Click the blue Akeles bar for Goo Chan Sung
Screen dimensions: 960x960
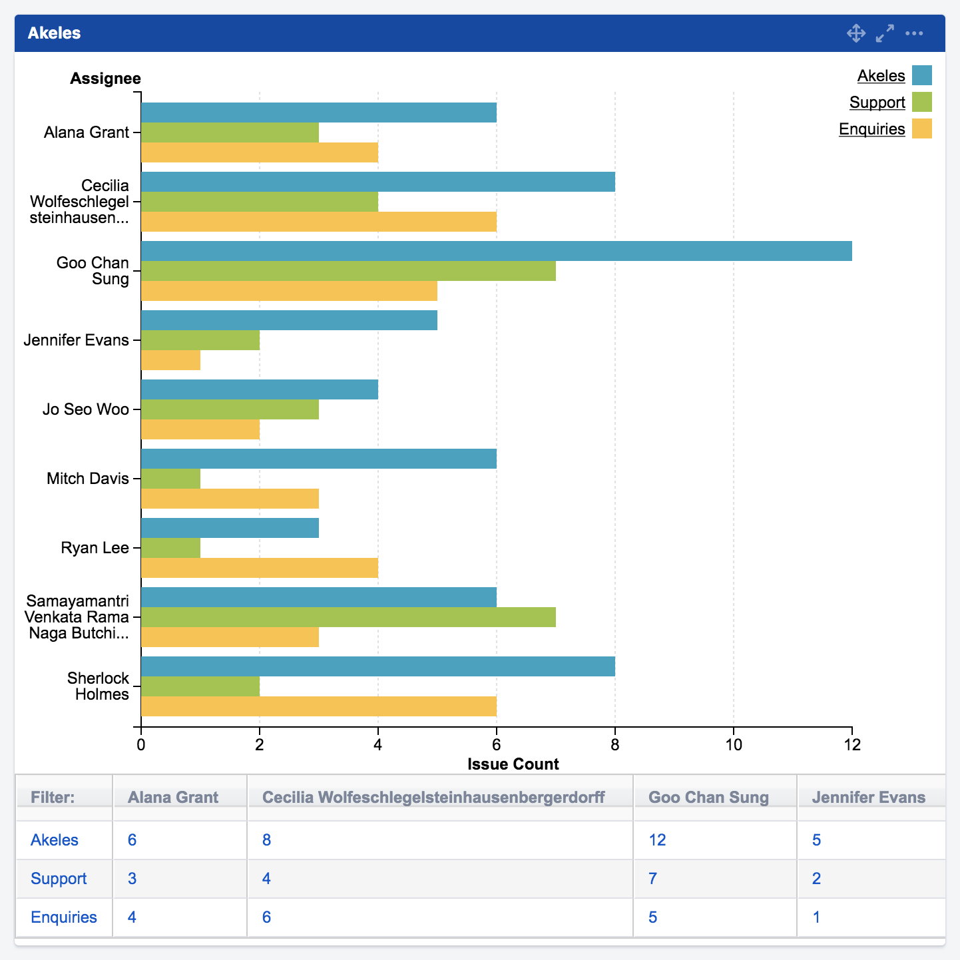tap(496, 251)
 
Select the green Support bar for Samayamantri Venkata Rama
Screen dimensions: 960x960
tap(348, 617)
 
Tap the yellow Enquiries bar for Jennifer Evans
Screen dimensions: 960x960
tap(170, 360)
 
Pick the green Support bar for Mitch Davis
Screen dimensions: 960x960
tap(170, 479)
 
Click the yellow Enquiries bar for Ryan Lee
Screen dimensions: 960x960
tap(260, 568)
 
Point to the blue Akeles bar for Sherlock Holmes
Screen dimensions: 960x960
tap(377, 666)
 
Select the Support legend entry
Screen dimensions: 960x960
tap(877, 103)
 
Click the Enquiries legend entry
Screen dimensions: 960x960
tap(871, 129)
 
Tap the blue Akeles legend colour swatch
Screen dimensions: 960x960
tap(921, 75)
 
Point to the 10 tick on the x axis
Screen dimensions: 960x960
tap(733, 744)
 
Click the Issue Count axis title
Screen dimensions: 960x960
tap(513, 764)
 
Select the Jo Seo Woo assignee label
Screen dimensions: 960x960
tap(85, 409)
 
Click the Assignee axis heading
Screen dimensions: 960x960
tap(105, 79)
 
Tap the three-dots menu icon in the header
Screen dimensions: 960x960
tap(914, 33)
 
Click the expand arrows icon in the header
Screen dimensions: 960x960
tap(885, 33)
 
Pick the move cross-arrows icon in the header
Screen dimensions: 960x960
tap(855, 33)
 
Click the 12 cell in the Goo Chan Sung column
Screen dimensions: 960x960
tap(657, 840)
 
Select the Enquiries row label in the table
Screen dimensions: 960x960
tap(64, 917)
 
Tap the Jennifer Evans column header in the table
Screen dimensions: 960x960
tap(868, 798)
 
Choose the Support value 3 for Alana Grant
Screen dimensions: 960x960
tap(132, 879)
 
